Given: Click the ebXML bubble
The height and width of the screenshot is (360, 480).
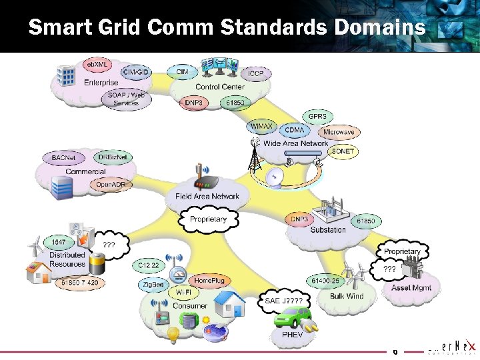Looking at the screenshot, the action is [x=97, y=64].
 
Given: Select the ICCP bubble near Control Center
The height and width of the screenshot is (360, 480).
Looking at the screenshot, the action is [x=255, y=73].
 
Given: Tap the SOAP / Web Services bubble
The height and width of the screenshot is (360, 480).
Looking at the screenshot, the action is [x=126, y=99].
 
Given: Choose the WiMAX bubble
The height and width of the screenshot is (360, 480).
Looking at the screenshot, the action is [x=261, y=125].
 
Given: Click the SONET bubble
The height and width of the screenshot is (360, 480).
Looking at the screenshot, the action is [x=343, y=151].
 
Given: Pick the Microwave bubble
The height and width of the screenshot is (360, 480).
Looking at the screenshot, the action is [x=339, y=132].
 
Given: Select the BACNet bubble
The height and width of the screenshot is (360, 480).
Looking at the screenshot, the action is [x=64, y=158].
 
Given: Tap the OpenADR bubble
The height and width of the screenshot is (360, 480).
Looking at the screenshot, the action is [x=111, y=184].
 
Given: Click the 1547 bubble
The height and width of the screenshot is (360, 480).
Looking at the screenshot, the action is [x=58, y=242].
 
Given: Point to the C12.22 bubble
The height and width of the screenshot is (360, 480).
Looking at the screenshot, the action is [x=149, y=265].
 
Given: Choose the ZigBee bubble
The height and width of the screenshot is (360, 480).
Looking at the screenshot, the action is [x=153, y=285].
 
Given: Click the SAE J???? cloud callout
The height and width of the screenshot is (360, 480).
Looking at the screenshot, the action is [x=284, y=301].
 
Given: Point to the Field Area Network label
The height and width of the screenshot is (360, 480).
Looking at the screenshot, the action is [x=207, y=196].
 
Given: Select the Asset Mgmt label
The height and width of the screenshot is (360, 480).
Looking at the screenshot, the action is [x=411, y=288].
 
